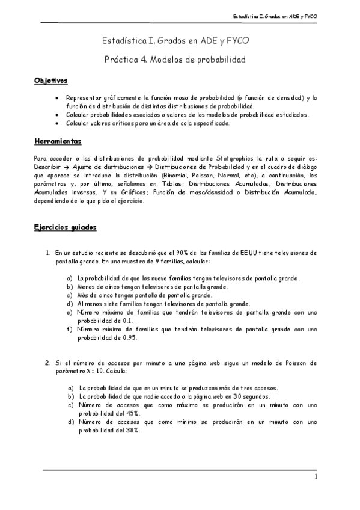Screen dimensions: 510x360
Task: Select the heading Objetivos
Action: click(50, 80)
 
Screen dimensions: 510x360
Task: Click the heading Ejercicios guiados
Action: click(64, 228)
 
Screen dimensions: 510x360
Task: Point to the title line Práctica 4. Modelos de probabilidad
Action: click(175, 60)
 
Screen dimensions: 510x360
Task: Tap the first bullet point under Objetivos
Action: click(57, 98)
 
